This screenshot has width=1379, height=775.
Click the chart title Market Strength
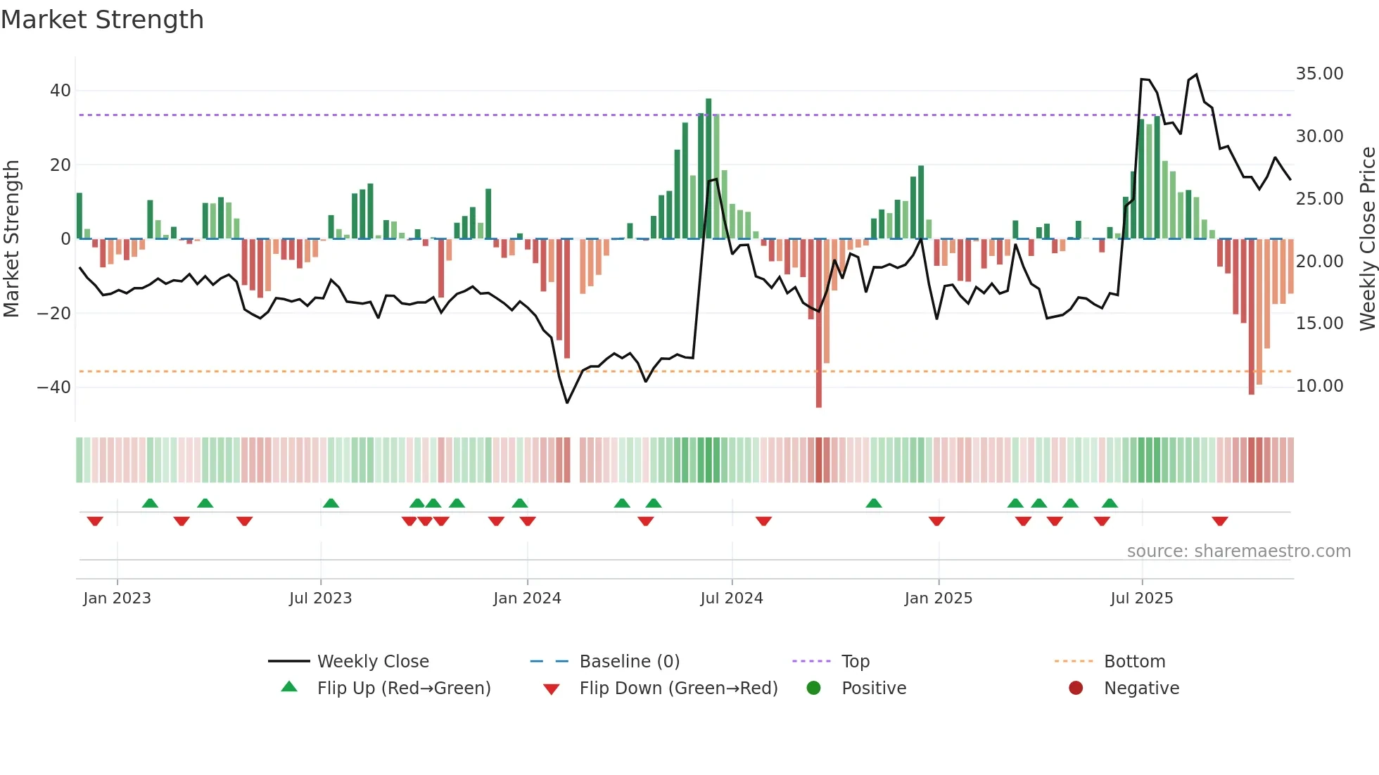pyautogui.click(x=102, y=20)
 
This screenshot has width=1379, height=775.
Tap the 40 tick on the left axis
pyautogui.click(x=61, y=91)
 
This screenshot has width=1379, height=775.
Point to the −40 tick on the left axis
pyautogui.click(x=54, y=387)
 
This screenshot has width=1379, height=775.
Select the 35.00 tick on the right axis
pyautogui.click(x=1319, y=74)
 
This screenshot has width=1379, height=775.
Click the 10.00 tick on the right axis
pyautogui.click(x=1319, y=386)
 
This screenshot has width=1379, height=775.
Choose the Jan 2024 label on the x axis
pyautogui.click(x=527, y=598)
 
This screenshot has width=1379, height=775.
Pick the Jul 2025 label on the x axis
pyautogui.click(x=1141, y=598)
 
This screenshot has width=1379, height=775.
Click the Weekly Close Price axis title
pyautogui.click(x=1367, y=239)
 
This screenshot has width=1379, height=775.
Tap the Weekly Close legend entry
pyautogui.click(x=372, y=662)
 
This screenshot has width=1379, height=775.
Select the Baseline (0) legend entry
pyautogui.click(x=629, y=662)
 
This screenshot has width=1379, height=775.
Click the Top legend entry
pyautogui.click(x=855, y=662)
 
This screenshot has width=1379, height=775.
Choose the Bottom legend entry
pyautogui.click(x=1134, y=662)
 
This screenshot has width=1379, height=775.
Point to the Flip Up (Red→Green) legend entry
pyautogui.click(x=403, y=688)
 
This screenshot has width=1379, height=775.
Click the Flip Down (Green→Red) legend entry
pyautogui.click(x=678, y=688)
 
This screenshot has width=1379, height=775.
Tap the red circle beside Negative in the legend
pyautogui.click(x=1075, y=688)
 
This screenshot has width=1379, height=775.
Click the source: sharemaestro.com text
pyautogui.click(x=1238, y=551)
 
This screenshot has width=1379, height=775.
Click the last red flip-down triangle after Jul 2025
pyautogui.click(x=1220, y=521)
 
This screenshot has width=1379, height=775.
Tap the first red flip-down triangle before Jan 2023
pyautogui.click(x=95, y=521)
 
